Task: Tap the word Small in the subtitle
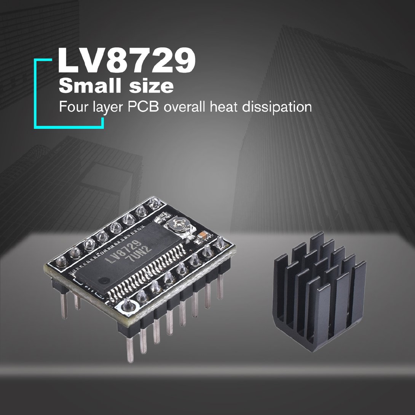click(91, 86)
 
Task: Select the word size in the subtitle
click(151, 86)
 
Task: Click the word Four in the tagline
click(73, 107)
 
